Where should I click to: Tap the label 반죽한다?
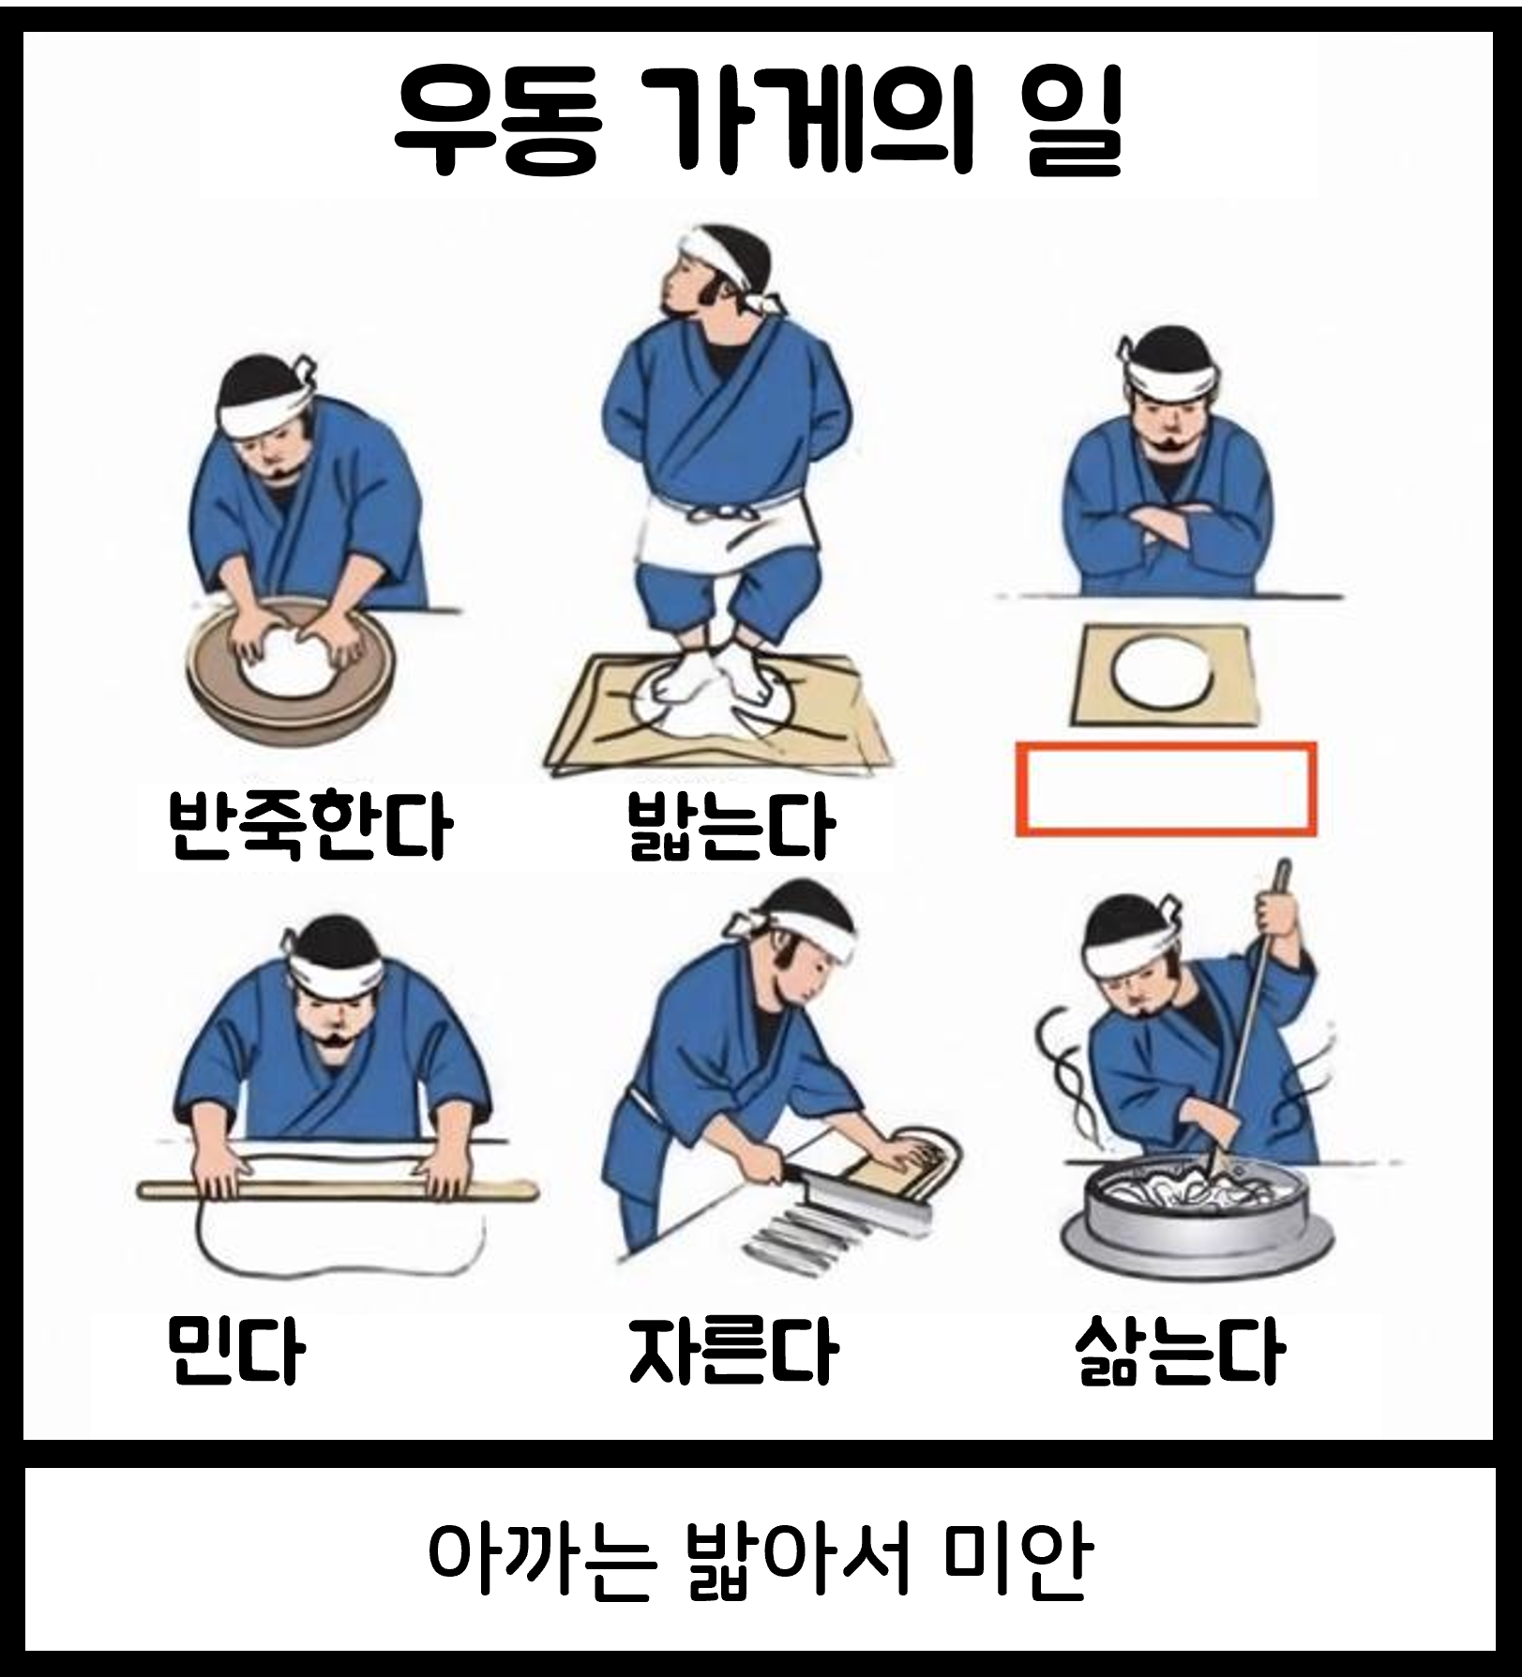click(x=309, y=825)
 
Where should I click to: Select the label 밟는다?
click(x=731, y=826)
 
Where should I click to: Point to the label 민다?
click(x=235, y=1349)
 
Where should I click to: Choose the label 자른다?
click(x=732, y=1350)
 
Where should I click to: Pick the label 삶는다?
click(x=1179, y=1350)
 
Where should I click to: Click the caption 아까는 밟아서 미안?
click(x=760, y=1561)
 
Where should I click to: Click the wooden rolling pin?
click(x=338, y=1190)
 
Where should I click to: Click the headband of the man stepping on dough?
click(x=731, y=262)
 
